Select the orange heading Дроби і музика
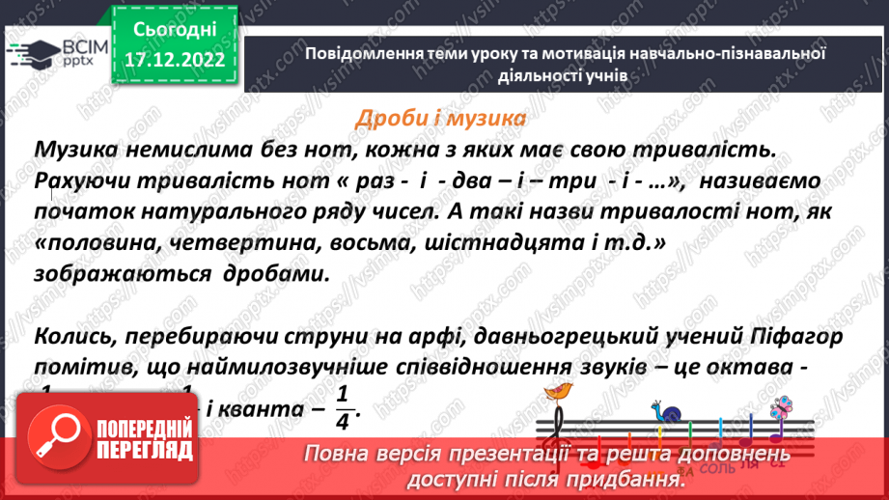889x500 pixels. click(441, 118)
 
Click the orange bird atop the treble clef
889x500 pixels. click(559, 390)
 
